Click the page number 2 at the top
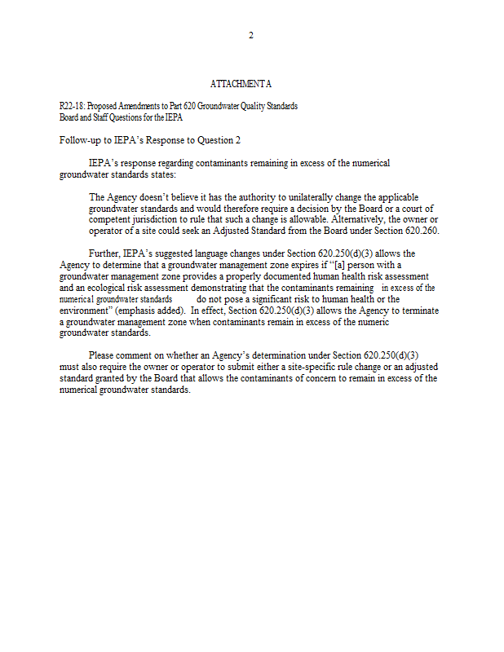pos(251,35)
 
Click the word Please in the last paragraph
pos(104,355)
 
